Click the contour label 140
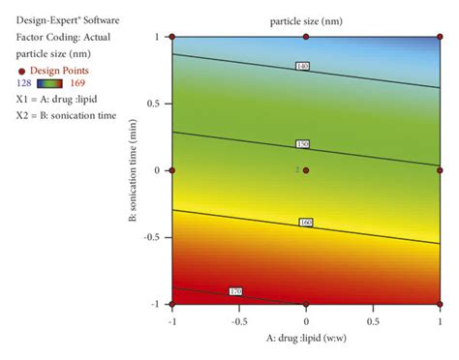[302, 66]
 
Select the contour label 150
[302, 144]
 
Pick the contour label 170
[235, 291]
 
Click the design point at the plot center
[306, 170]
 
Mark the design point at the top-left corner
[172, 37]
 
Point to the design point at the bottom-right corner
[440, 304]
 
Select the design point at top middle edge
[306, 37]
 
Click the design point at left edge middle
[172, 170]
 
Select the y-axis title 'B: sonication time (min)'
[134, 170]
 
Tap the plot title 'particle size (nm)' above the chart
[306, 19]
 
